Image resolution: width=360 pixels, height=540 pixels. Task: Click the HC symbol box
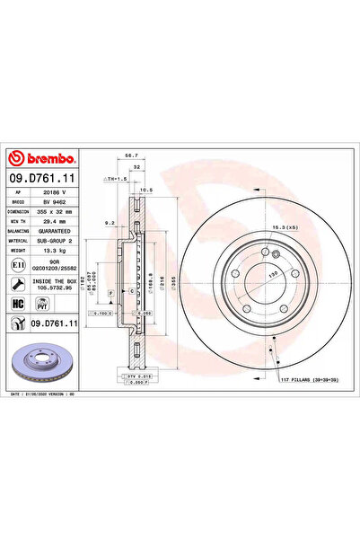(19, 305)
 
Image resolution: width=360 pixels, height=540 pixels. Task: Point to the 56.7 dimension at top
(130, 155)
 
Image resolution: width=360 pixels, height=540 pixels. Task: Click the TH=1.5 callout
(117, 180)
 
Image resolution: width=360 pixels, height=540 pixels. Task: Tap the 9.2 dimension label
(109, 221)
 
